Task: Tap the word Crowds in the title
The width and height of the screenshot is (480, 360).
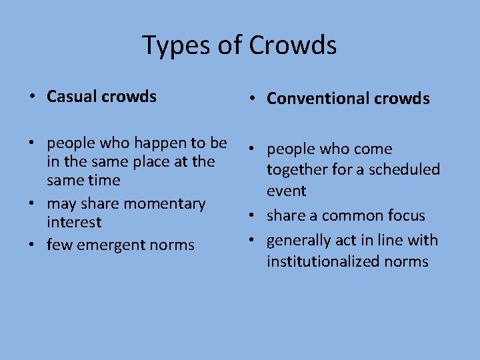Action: [293, 46]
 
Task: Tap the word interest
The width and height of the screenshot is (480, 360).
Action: [74, 222]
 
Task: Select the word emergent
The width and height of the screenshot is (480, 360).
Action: [110, 245]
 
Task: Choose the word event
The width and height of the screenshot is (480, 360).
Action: [286, 191]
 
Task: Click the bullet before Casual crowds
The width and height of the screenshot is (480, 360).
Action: [31, 97]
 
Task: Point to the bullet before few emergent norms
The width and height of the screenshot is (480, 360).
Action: [31, 245]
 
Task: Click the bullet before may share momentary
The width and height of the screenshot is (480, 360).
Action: [31, 203]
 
